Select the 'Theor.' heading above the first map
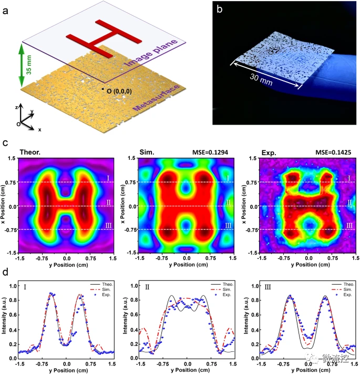coord(31,153)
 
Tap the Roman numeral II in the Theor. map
coord(107,201)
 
